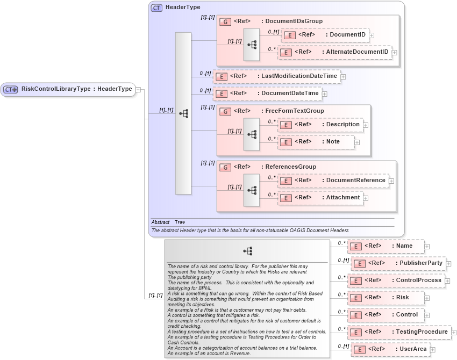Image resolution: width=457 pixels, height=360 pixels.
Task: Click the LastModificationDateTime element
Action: point(276,76)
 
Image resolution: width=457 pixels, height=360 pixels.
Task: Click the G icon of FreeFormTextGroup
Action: point(226,111)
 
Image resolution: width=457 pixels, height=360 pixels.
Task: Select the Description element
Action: point(320,125)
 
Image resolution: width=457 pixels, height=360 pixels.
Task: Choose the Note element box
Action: point(316,142)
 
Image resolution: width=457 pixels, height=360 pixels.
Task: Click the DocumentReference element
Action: point(333,181)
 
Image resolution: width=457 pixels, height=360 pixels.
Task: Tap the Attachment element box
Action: point(320,198)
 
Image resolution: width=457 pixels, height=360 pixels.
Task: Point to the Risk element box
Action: point(385,298)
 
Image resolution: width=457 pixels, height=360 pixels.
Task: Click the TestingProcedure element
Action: point(399,332)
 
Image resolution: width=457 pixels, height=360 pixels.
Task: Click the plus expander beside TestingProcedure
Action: point(454,333)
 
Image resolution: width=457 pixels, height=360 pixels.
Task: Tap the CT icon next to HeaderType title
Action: point(156,8)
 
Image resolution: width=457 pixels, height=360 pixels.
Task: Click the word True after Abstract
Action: point(180,222)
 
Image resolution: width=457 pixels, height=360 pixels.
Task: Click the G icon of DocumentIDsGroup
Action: point(226,21)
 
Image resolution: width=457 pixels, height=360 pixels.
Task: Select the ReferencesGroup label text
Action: point(291,167)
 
